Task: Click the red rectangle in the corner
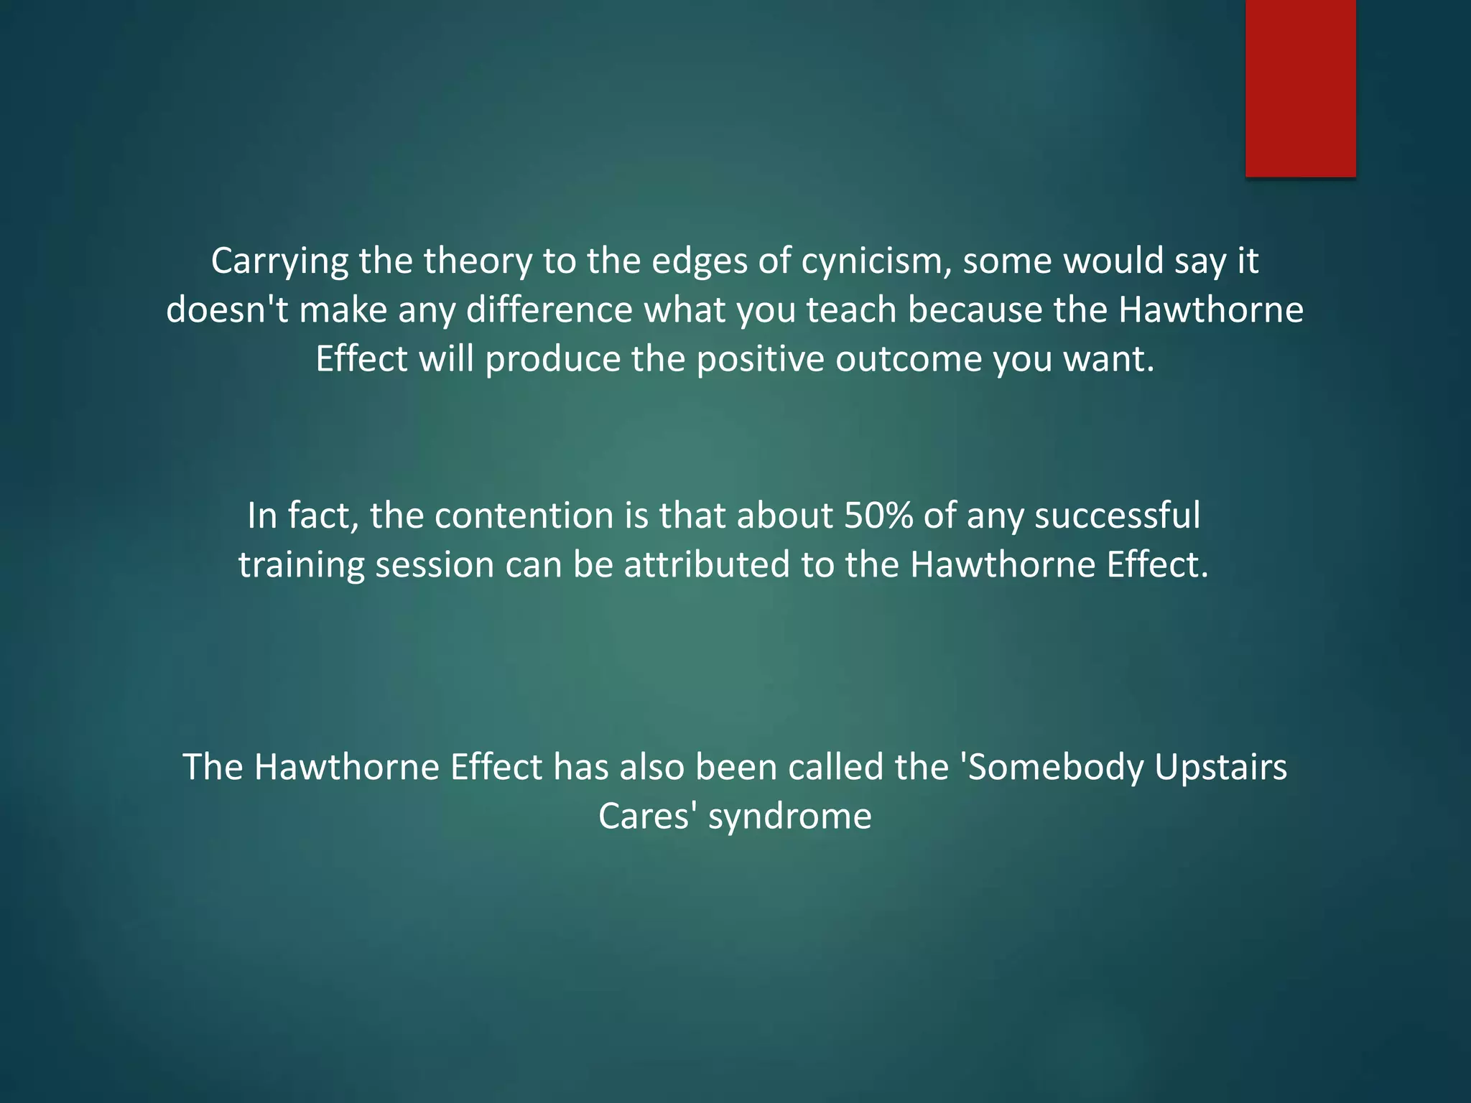tap(1300, 88)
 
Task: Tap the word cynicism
tap(876, 261)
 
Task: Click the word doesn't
tap(227, 310)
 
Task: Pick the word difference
tap(549, 310)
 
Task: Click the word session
tap(435, 564)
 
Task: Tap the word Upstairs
tap(1220, 767)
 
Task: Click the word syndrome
tap(789, 817)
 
